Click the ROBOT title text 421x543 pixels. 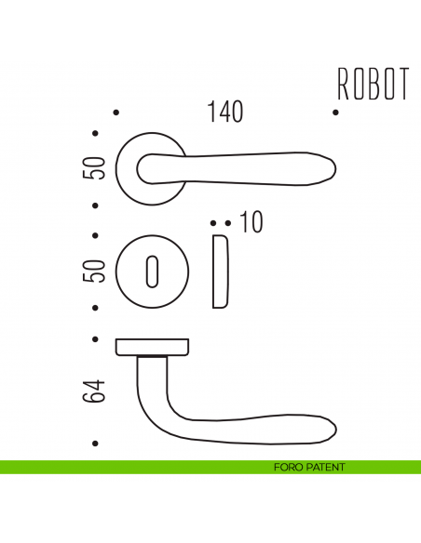[x=373, y=83]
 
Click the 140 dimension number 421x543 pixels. [x=225, y=113]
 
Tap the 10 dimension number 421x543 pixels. [x=251, y=223]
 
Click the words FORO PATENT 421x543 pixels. [x=304, y=467]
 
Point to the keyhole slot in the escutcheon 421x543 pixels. [x=153, y=272]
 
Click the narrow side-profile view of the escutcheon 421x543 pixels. [x=220, y=271]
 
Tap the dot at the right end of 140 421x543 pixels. [x=335, y=113]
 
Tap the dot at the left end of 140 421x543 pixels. [x=115, y=113]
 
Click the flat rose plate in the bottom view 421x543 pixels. [x=153, y=347]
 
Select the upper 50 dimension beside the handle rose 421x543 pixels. [x=93, y=169]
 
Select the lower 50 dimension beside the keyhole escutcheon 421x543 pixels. [x=93, y=271]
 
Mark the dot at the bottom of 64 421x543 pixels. [x=94, y=443]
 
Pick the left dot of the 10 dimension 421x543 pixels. [x=213, y=223]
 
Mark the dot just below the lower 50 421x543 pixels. [x=94, y=307]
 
